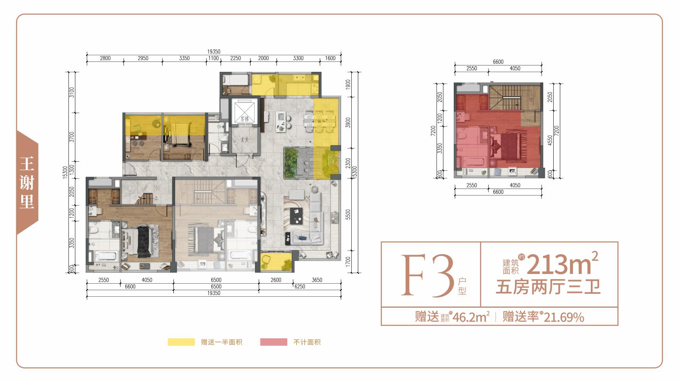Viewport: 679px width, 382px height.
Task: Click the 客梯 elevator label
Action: pos(244,119)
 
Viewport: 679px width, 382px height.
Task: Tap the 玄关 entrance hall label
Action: pos(244,140)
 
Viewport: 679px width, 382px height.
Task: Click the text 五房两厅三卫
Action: pos(548,288)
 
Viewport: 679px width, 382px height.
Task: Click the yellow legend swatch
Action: pos(181,342)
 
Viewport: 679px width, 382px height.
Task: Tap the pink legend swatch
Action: pos(273,342)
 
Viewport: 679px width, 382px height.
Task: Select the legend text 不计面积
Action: pos(307,342)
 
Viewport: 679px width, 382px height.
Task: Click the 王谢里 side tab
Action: pos(27,183)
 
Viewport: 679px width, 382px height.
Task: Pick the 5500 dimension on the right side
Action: pos(348,215)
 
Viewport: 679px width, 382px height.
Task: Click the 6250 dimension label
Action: pos(300,286)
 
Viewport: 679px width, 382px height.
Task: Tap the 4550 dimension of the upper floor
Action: pos(550,141)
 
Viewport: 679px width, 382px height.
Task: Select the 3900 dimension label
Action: pos(348,122)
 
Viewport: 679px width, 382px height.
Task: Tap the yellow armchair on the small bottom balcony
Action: pos(268,260)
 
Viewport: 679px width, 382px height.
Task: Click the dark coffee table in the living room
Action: pos(295,216)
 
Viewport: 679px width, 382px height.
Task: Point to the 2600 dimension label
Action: pos(276,280)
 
